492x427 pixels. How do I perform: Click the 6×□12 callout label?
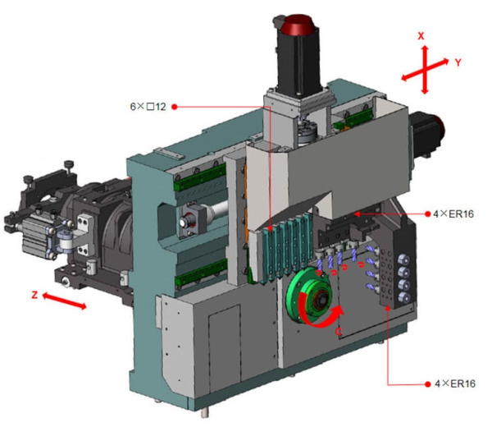pyautogui.click(x=148, y=107)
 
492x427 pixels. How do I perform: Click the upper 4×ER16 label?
pyautogui.click(x=453, y=214)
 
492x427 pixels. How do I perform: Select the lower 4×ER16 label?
pyautogui.click(x=455, y=383)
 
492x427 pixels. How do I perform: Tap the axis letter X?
pyautogui.click(x=421, y=36)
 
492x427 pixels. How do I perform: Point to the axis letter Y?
pyautogui.click(x=458, y=62)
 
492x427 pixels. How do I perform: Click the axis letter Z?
pyautogui.click(x=34, y=295)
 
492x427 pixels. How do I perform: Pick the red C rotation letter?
pyautogui.click(x=338, y=331)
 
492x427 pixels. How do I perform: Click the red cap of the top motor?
pyautogui.click(x=298, y=24)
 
